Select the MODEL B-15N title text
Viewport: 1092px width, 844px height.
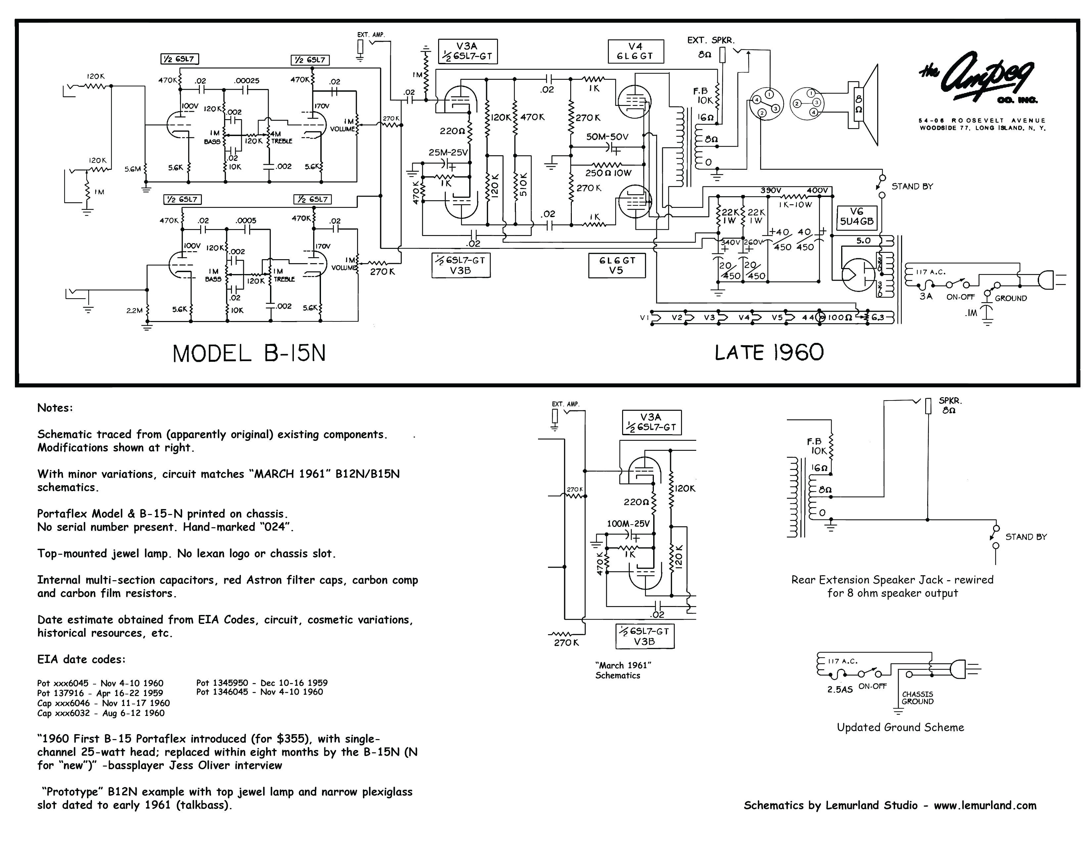click(249, 353)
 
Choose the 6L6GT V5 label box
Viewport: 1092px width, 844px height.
click(616, 265)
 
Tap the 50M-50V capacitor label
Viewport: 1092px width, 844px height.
click(607, 136)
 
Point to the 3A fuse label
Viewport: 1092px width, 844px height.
click(926, 296)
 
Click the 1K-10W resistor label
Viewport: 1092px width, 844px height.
click(796, 205)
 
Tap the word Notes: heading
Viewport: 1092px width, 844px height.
click(55, 407)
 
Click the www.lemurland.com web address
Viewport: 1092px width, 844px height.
click(985, 805)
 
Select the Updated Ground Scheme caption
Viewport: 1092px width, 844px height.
click(900, 727)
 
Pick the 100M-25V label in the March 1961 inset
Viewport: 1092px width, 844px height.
click(628, 524)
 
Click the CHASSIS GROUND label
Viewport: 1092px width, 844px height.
click(918, 697)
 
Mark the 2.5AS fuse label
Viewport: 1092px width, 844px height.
click(840, 689)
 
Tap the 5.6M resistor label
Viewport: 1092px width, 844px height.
click(132, 169)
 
